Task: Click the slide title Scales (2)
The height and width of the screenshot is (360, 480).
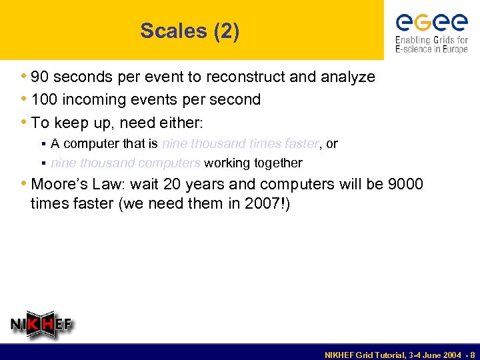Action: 189,31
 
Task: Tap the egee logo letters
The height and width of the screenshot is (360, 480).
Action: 431,24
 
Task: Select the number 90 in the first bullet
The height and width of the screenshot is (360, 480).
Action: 40,77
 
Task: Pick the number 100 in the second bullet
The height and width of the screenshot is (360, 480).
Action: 44,100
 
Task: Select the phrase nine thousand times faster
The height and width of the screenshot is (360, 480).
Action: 241,143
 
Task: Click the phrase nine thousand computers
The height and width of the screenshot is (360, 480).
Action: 125,163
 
